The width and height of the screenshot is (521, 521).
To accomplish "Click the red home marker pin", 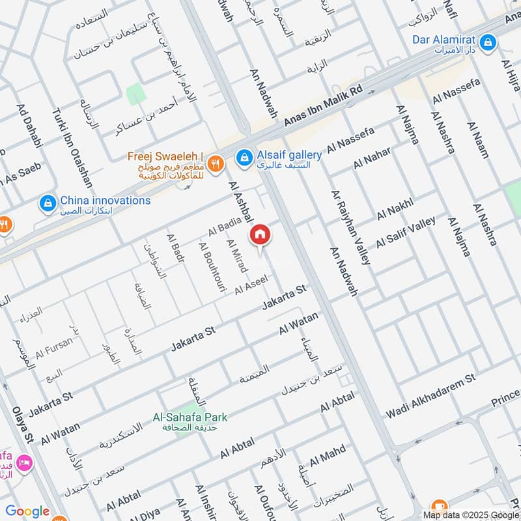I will (x=259, y=234).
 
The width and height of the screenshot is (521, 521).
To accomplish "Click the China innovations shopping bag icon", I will (x=48, y=204).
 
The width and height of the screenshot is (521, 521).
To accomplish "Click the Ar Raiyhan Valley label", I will (x=351, y=228).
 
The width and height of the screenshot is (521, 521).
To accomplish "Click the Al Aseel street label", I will (x=251, y=284).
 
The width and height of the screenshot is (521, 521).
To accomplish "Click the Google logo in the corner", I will (x=27, y=511).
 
